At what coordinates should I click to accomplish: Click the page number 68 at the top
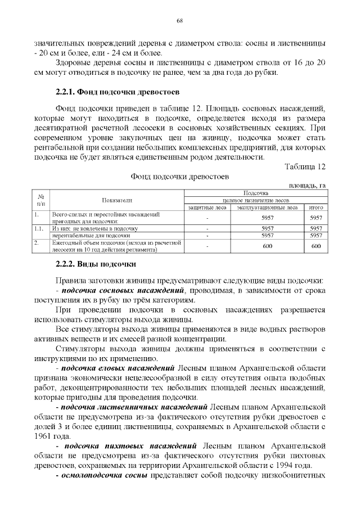point(180,21)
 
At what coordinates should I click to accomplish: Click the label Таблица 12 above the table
point(305,167)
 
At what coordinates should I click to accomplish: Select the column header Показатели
point(116,200)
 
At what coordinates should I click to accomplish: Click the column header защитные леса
point(208,208)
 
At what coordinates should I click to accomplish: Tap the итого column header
point(316,208)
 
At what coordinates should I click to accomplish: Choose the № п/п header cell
point(40,200)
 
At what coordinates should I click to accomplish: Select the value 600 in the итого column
point(316,246)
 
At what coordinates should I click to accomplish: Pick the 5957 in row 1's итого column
point(316,217)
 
